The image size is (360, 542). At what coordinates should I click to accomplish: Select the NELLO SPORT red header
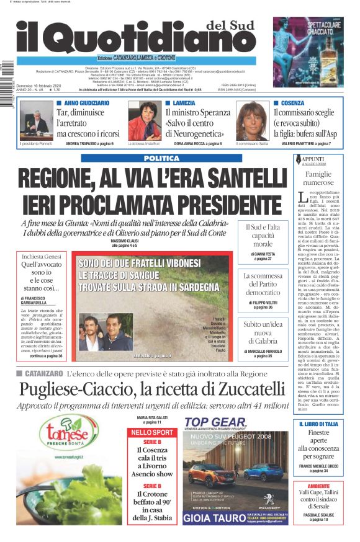tap(152, 432)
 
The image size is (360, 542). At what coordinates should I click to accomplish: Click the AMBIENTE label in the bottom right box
tap(318, 486)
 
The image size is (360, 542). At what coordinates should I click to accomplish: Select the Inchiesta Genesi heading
tap(42, 256)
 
